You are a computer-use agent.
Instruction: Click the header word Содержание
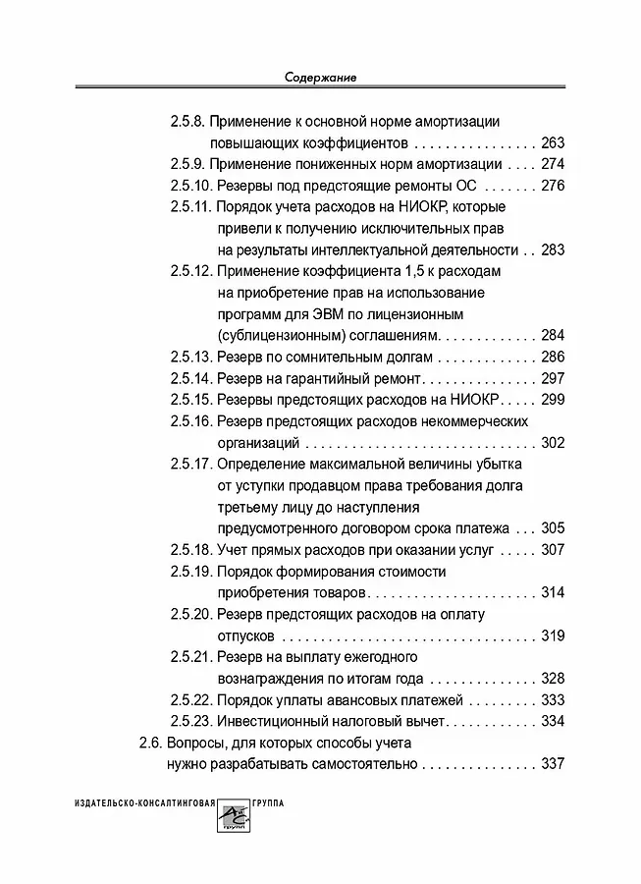coord(320,77)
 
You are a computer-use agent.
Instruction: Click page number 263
coord(553,142)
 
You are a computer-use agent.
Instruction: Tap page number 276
coord(553,186)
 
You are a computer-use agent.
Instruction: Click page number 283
coord(553,249)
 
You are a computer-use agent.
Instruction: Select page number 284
coord(553,335)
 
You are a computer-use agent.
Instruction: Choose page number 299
coord(553,400)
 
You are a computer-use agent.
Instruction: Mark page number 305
coord(553,527)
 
